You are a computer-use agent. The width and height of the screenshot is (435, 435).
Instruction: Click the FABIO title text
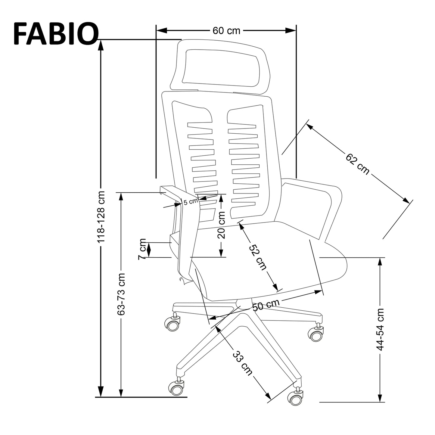pos(56,34)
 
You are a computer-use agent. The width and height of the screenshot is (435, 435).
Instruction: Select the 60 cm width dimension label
pos(226,31)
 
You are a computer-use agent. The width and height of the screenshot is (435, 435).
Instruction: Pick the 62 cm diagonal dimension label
pos(357,164)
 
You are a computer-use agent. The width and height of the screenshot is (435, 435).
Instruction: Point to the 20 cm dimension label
pos(221,225)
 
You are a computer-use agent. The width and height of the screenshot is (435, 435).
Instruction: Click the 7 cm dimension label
pos(142,249)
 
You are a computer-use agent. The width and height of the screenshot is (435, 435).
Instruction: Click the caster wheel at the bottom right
pos(295,398)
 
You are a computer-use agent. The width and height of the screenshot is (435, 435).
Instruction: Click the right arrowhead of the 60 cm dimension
pos(291,30)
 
